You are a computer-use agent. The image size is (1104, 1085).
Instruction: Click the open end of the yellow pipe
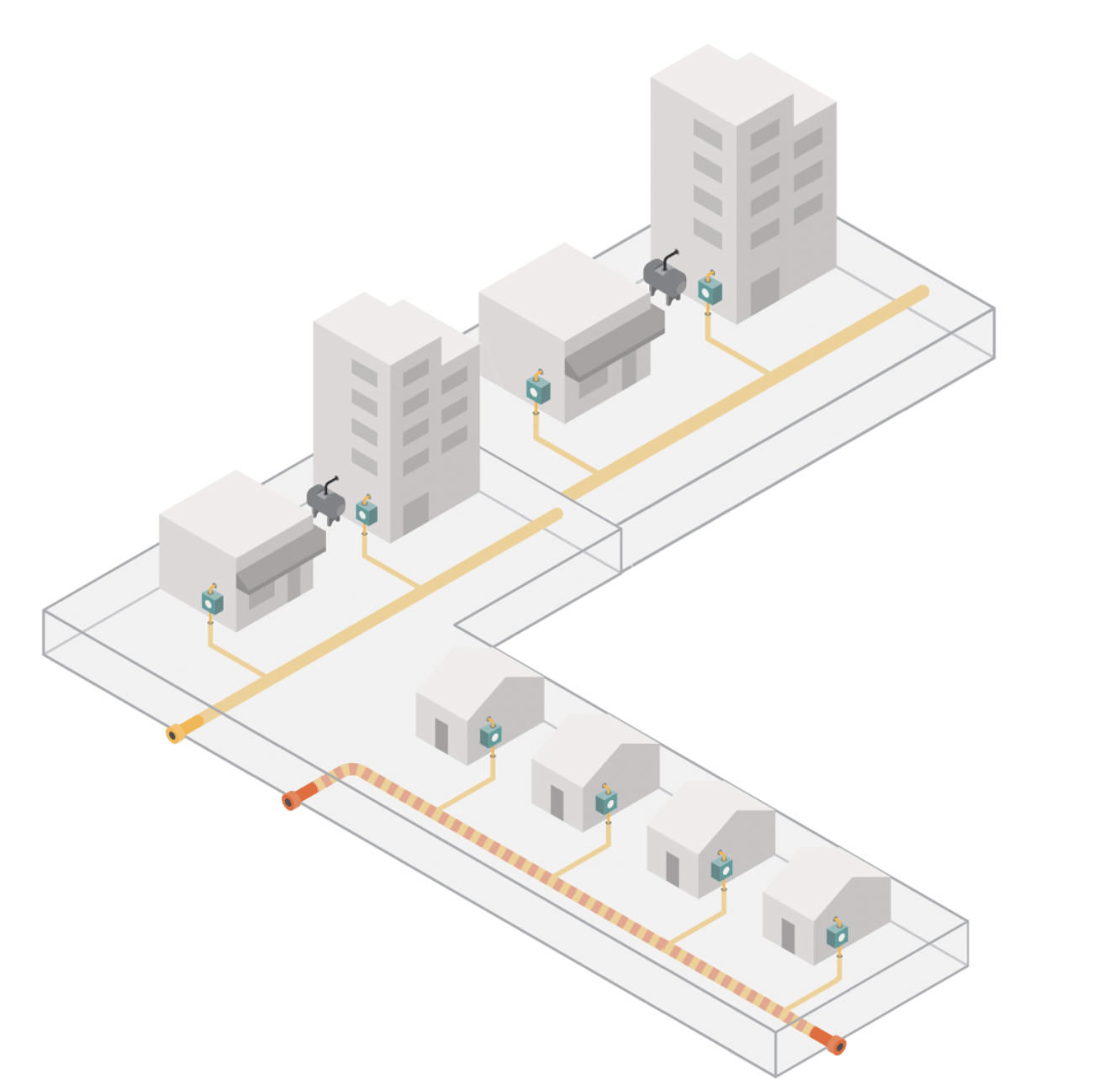(175, 735)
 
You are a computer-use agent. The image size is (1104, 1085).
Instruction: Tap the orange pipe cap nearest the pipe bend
(291, 800)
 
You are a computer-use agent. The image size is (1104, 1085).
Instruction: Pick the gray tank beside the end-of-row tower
(665, 277)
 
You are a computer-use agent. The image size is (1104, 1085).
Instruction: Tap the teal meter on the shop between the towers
(538, 389)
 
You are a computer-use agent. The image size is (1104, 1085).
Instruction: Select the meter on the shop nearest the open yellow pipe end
(213, 601)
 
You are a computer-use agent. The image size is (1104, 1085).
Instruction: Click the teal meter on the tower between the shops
(366, 512)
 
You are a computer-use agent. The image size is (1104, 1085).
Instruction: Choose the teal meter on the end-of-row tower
(710, 290)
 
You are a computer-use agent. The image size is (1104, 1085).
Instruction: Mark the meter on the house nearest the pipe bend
(491, 735)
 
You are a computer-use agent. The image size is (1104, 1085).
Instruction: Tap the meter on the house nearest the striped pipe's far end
(837, 934)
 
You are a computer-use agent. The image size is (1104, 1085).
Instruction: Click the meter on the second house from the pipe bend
(606, 802)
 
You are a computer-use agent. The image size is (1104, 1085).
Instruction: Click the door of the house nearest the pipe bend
(441, 735)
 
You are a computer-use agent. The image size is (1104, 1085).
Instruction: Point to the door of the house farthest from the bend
(788, 935)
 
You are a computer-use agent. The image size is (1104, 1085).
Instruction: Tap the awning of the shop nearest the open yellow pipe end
(282, 559)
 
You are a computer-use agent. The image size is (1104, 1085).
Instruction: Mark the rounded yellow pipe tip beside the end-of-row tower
(922, 292)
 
